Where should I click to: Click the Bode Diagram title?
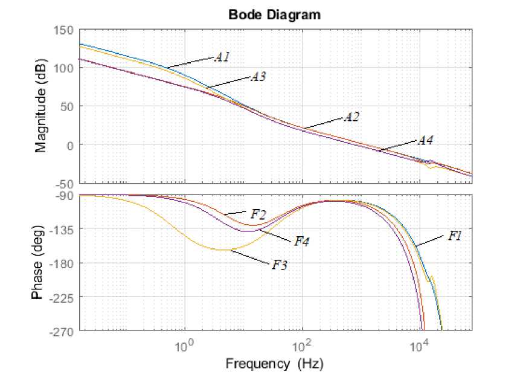[x=274, y=15]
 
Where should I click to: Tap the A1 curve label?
[x=222, y=57]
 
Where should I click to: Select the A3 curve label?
[x=258, y=77]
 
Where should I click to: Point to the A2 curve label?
[x=351, y=117]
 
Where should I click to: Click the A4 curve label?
[x=425, y=141]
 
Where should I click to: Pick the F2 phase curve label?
[x=258, y=213]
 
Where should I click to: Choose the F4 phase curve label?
[x=302, y=242]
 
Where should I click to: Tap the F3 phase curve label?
[x=279, y=264]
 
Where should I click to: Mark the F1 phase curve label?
[x=455, y=236]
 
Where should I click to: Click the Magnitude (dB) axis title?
[x=41, y=106]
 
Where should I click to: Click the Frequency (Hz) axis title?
[x=274, y=364]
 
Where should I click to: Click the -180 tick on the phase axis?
[x=63, y=263]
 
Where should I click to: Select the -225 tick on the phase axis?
[x=63, y=297]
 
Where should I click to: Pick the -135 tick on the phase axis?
[x=63, y=230]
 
